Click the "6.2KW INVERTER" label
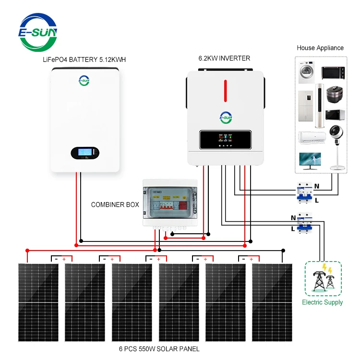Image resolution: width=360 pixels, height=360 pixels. pyautogui.click(x=224, y=59)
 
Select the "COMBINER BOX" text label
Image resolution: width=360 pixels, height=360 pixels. pyautogui.click(x=115, y=204)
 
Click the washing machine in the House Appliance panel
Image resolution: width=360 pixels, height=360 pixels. pyautogui.click(x=306, y=72)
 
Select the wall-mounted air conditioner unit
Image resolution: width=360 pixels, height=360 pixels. pyautogui.click(x=310, y=137)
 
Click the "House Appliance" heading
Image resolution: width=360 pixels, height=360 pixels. pyautogui.click(x=320, y=48)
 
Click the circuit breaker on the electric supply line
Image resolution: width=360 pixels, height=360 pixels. pyautogui.click(x=302, y=223)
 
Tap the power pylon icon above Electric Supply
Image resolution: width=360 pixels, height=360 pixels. pyautogui.click(x=323, y=278)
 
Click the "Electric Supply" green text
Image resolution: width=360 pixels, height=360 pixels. pyautogui.click(x=323, y=302)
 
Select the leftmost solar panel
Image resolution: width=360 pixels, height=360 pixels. pyautogui.click(x=38, y=302)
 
